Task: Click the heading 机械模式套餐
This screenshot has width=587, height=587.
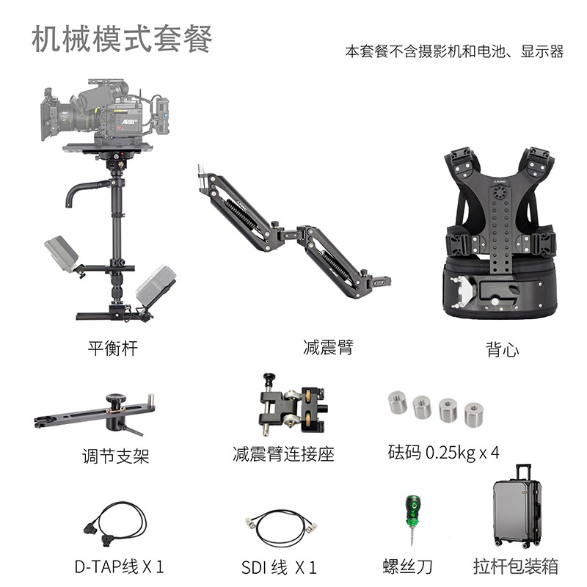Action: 122,39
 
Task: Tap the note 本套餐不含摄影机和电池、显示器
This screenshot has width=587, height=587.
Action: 454,52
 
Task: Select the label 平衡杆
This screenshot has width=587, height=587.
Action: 112,348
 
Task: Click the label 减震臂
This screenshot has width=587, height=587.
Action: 327,347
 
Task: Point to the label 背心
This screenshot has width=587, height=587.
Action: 502,349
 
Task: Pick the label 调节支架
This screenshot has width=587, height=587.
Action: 115,456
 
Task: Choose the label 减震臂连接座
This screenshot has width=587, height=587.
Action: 283,454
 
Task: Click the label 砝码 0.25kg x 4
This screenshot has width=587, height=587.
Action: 443,453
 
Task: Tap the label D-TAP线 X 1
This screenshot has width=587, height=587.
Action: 119,566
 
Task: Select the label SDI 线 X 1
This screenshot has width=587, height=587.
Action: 279,566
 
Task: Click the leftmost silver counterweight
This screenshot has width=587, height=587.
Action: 398,402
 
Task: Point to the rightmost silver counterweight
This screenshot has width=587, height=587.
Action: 474,414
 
